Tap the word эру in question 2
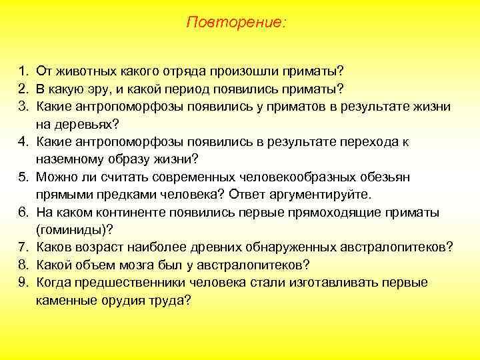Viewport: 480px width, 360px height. pos(101,89)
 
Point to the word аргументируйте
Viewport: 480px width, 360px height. pos(320,195)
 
